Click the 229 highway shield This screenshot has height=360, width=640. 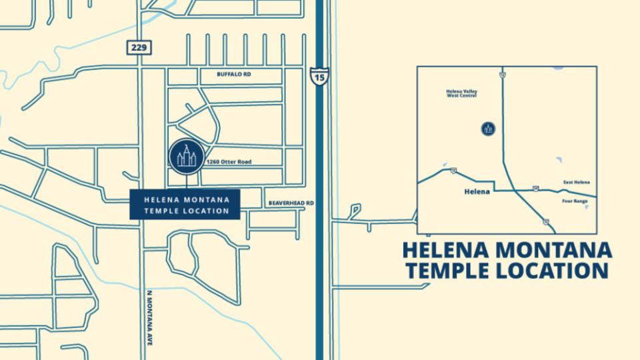coord(139,47)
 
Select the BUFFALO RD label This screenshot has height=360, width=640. coord(233,75)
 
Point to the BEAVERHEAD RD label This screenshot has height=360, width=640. coord(291,203)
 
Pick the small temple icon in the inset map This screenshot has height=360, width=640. coord(488,129)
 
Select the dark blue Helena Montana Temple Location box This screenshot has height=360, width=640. coord(185,205)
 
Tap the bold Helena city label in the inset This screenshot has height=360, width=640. coord(476,191)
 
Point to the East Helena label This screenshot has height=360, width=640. coord(576,182)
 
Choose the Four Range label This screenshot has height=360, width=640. coord(575,201)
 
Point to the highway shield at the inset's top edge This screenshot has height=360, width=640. coord(503,75)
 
